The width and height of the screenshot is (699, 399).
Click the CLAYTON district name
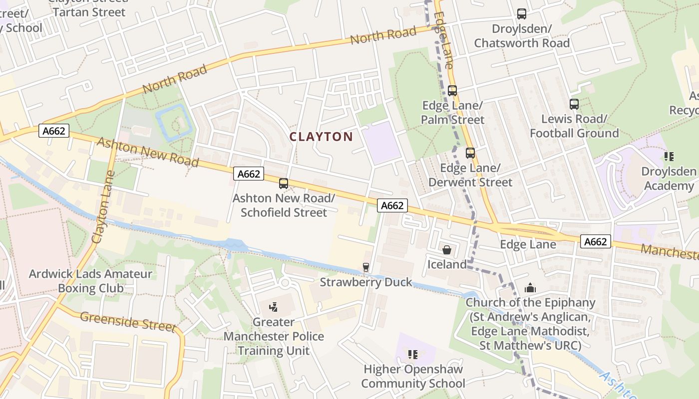[x=321, y=137]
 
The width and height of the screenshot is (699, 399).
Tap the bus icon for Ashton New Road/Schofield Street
[x=284, y=183]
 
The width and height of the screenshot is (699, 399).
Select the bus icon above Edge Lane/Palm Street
[x=452, y=91]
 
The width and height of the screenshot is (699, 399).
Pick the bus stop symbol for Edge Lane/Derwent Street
[x=470, y=153]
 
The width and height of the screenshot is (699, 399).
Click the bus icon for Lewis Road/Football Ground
[x=574, y=104]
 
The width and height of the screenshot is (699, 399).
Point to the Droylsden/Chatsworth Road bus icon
[x=522, y=14]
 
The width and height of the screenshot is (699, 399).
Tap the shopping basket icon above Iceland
[x=446, y=249]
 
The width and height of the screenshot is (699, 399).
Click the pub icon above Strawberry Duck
[x=366, y=267]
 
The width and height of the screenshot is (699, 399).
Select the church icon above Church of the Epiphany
[x=530, y=288]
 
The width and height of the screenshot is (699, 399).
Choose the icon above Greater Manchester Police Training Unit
[x=273, y=307]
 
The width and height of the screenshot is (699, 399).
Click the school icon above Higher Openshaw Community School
[x=413, y=355]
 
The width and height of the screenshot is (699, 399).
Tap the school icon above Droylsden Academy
[x=669, y=157]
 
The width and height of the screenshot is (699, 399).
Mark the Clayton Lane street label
[x=103, y=207]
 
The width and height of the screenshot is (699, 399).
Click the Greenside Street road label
[x=128, y=322]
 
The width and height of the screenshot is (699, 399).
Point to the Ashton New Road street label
[x=148, y=153]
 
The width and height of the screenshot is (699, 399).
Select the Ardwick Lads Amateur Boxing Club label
[x=90, y=281]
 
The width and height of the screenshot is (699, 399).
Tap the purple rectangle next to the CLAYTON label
[x=381, y=143]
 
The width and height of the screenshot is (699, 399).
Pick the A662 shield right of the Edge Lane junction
[x=596, y=242]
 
